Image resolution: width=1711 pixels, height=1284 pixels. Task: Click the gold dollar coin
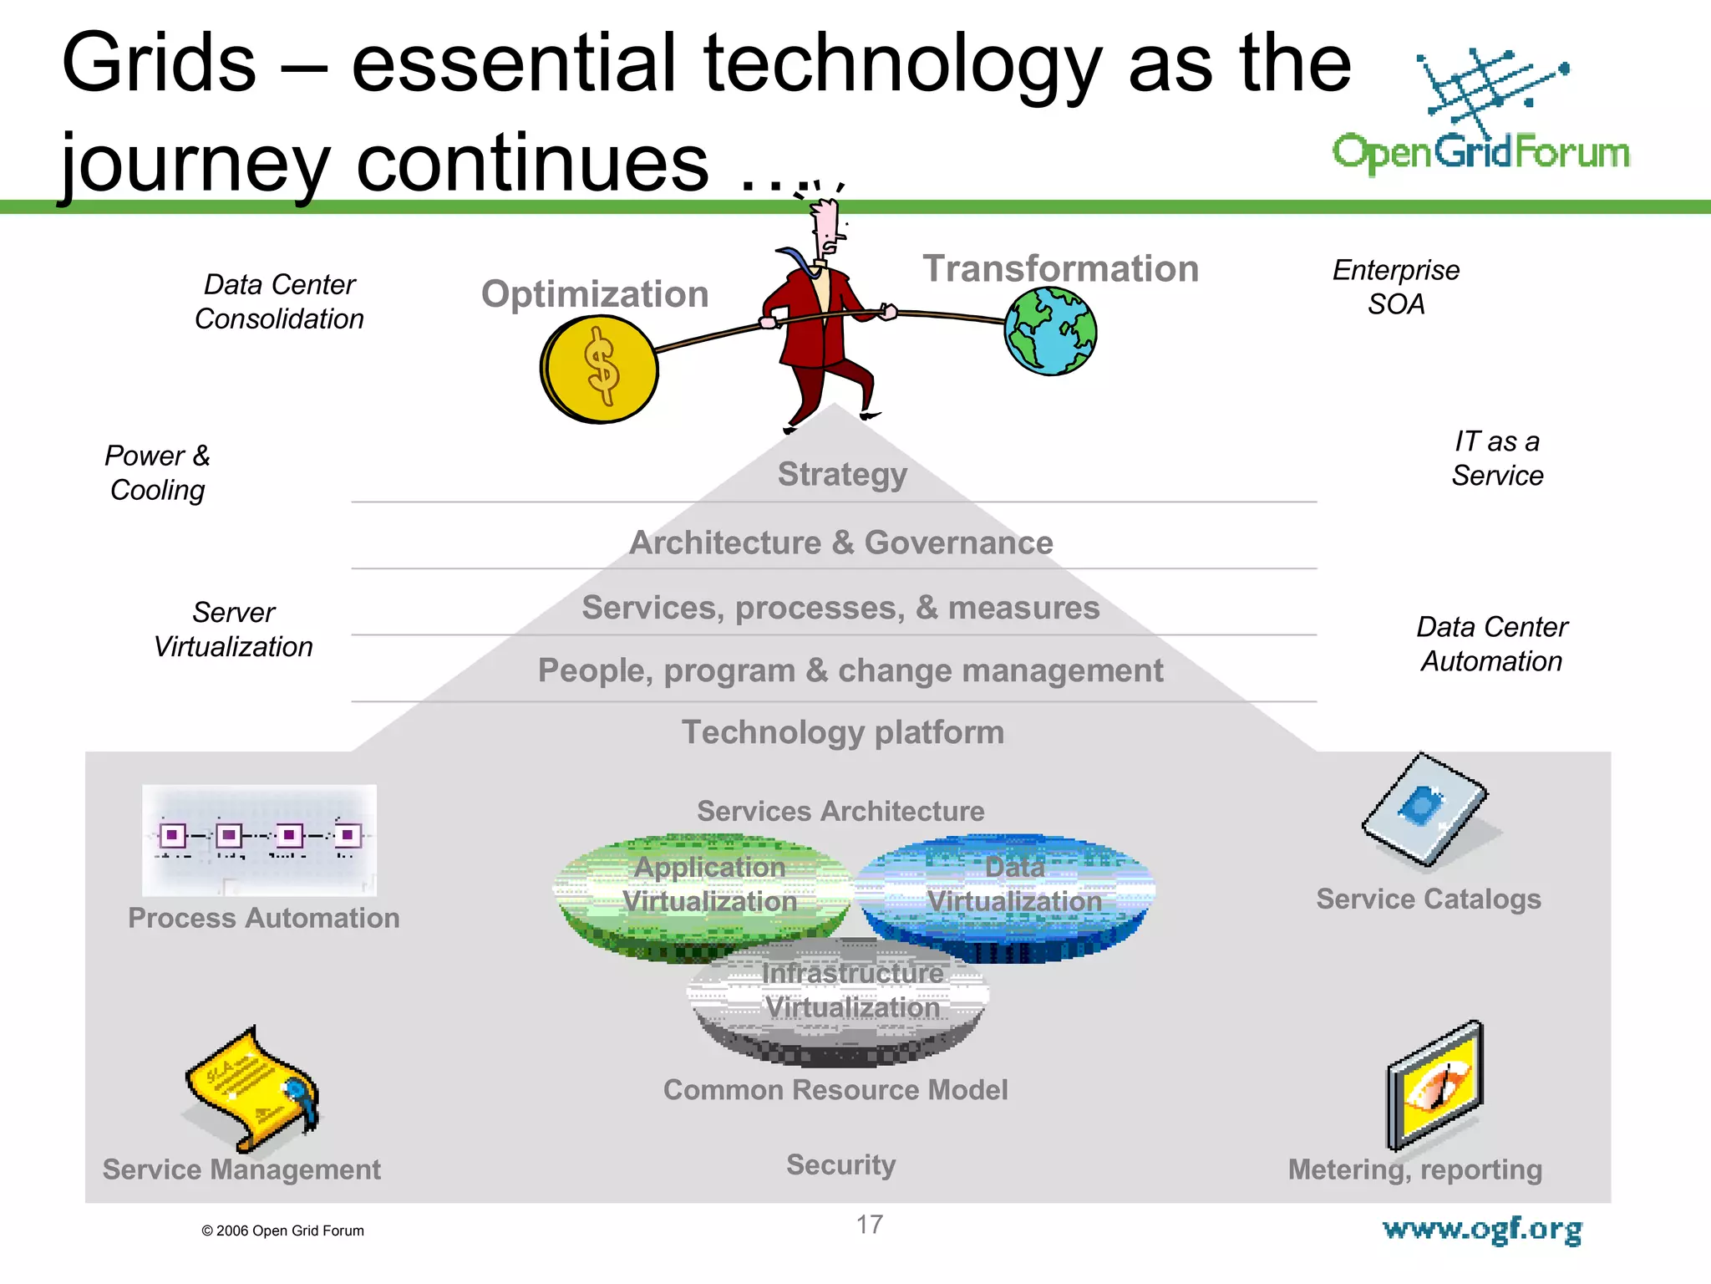pos(600,369)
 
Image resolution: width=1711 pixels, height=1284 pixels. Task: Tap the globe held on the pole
pos(1050,331)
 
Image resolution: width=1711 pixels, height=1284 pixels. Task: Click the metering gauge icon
pos(1434,1084)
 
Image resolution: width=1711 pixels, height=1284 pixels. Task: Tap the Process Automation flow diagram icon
pos(259,839)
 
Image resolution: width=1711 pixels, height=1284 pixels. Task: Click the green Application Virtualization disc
pos(703,894)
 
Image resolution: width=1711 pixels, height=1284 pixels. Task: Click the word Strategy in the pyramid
pos(842,474)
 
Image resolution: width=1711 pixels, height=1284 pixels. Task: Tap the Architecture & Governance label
pos(840,543)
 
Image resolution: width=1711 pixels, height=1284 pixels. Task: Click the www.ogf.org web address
pos(1481,1230)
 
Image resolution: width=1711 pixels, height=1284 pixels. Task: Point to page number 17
pos(869,1225)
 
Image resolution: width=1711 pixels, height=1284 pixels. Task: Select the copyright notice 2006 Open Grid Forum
pos(282,1230)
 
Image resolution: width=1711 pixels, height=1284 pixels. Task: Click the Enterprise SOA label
pos(1396,287)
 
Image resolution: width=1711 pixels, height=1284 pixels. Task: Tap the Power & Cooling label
pos(157,472)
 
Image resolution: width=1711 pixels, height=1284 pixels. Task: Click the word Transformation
pos(1060,268)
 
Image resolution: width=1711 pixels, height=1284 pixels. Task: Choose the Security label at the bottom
pos(840,1164)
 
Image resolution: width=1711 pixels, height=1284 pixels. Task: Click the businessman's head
pos(826,226)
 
